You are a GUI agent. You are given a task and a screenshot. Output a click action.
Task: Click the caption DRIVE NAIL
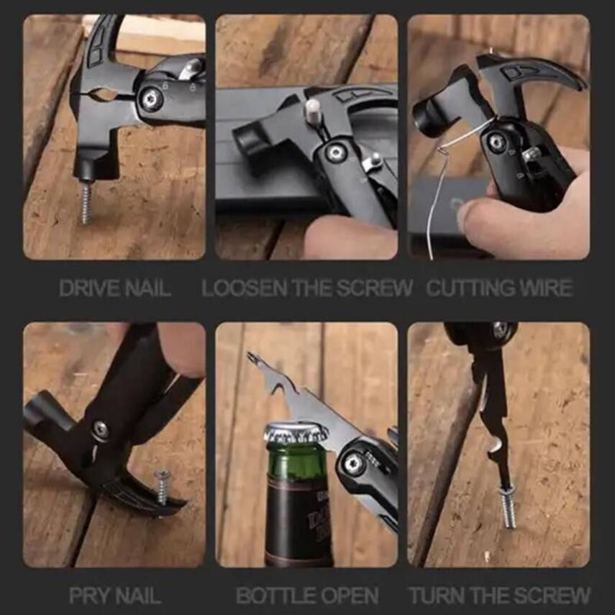coord(115,288)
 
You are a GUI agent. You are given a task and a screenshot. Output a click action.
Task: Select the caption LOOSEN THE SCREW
coord(307,288)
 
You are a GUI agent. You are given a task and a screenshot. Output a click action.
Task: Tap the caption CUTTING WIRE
coord(499,288)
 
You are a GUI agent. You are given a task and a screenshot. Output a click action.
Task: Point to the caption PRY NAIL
coord(115,596)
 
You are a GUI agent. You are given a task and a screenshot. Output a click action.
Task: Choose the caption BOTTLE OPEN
coord(307,596)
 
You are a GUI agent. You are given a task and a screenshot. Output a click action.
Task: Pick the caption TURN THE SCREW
coord(500,596)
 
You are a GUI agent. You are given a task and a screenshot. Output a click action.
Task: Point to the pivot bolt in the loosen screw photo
coord(334,152)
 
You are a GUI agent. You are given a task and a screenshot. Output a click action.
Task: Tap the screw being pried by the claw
coord(163,488)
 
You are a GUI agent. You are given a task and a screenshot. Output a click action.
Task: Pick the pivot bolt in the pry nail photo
coord(101,430)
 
